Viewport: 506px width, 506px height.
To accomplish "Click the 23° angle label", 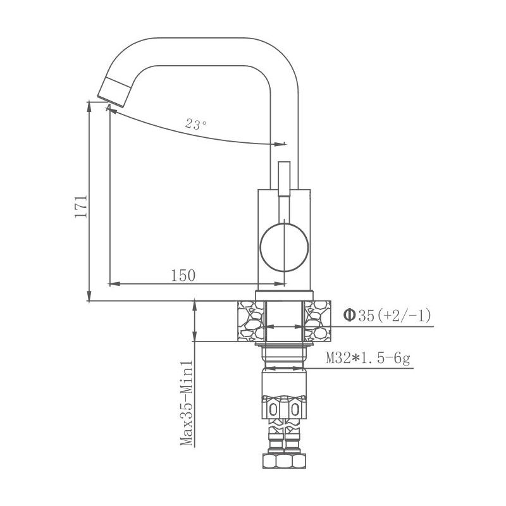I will click(196, 125).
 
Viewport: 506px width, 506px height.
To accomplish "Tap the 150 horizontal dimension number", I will click(183, 275).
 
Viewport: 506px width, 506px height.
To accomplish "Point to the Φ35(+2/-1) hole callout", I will click(387, 314).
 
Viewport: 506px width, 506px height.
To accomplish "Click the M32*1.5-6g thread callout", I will click(368, 358).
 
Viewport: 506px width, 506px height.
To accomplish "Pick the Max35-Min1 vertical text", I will click(186, 403).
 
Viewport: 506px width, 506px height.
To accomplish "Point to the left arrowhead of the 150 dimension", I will click(114, 283).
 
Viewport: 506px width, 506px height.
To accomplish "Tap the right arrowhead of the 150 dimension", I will click(278, 283).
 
